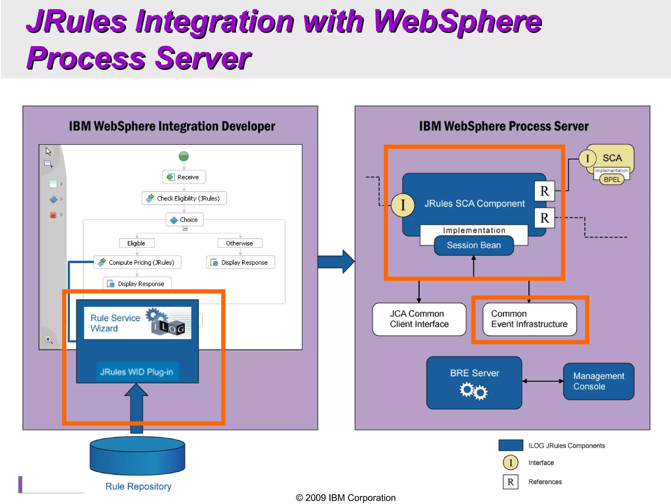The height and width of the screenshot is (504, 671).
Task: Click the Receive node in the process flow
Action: pyautogui.click(x=184, y=177)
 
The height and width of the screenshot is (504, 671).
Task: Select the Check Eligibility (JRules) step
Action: pyautogui.click(x=184, y=198)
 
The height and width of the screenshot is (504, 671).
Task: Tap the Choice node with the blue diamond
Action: pyautogui.click(x=185, y=220)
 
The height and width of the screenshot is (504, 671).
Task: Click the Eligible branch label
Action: pyautogui.click(x=136, y=243)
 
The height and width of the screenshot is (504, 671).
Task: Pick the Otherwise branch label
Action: pyautogui.click(x=240, y=243)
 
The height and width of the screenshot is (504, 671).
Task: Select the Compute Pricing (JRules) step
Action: pyautogui.click(x=137, y=262)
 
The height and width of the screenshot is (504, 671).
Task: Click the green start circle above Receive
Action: pyautogui.click(x=184, y=156)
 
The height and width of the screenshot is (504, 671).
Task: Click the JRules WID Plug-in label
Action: pyautogui.click(x=137, y=372)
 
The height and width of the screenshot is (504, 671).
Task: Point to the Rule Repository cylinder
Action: pyautogui.click(x=137, y=456)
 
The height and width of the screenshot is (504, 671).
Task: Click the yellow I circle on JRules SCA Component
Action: pyautogui.click(x=403, y=205)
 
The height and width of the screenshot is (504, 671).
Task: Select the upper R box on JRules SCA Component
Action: pyautogui.click(x=544, y=191)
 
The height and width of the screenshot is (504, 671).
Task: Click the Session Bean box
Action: pyautogui.click(x=474, y=245)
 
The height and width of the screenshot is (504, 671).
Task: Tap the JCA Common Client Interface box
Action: pyautogui.click(x=419, y=319)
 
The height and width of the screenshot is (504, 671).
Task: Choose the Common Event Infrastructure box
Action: pyautogui.click(x=529, y=319)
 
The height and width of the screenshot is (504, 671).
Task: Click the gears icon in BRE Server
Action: pyautogui.click(x=474, y=391)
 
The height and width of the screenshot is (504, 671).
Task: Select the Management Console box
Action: pyautogui.click(x=599, y=381)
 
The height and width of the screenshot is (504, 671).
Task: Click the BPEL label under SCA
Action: pyautogui.click(x=612, y=179)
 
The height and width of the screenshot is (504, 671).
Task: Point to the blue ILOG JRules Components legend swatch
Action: pyautogui.click(x=511, y=445)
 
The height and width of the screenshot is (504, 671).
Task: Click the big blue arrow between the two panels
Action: pyautogui.click(x=336, y=262)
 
